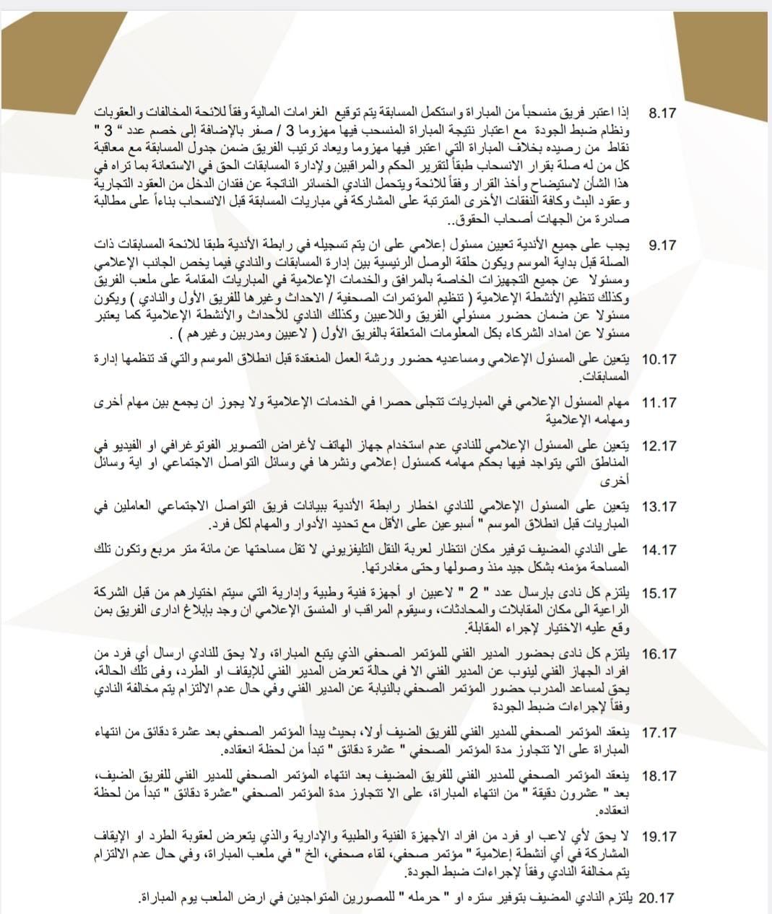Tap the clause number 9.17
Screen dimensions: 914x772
663,245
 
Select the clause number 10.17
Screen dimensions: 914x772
659,359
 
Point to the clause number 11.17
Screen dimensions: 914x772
659,403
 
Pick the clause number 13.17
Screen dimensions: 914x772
659,507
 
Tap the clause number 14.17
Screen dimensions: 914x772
659,550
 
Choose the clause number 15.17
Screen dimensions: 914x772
659,593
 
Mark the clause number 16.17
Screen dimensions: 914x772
659,654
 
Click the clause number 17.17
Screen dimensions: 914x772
659,733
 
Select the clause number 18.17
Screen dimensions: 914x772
659,776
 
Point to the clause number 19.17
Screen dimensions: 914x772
659,837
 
